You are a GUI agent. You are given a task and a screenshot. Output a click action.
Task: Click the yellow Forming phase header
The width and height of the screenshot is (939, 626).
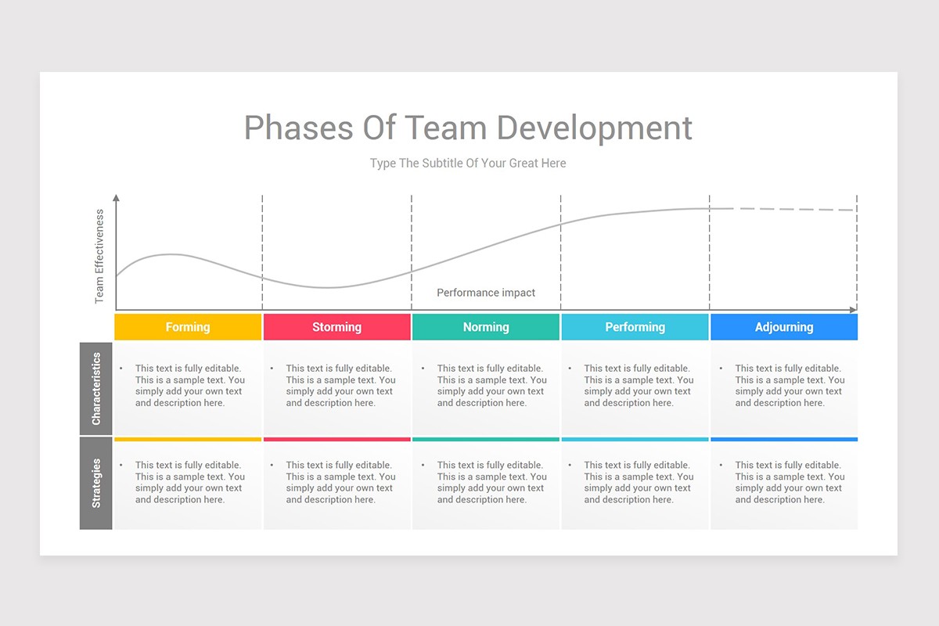pos(188,327)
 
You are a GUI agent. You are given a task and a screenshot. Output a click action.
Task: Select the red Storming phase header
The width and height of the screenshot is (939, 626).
pos(336,327)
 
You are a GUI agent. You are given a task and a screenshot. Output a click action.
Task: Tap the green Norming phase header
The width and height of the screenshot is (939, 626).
pos(486,327)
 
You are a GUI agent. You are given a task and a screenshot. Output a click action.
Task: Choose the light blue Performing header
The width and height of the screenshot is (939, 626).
pos(635,327)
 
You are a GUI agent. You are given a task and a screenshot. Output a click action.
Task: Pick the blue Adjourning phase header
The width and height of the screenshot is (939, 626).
pos(784,327)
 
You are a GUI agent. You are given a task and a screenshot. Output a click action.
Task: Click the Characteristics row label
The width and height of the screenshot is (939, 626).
pos(96,389)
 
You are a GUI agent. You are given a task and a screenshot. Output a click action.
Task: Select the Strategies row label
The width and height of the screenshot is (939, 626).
pos(96,484)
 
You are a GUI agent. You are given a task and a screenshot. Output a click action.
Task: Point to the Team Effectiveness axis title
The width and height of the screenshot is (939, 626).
pos(99,256)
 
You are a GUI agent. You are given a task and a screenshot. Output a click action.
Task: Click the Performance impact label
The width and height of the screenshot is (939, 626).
pos(486,293)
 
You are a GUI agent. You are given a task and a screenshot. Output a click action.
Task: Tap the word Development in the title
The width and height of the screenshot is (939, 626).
pos(594,128)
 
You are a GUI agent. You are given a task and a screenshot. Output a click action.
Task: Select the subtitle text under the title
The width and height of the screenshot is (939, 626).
pos(468,164)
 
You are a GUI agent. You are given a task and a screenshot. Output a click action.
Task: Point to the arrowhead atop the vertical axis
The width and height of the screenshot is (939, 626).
pos(117,199)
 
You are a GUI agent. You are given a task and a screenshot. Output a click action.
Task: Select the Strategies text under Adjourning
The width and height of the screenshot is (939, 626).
pos(790,482)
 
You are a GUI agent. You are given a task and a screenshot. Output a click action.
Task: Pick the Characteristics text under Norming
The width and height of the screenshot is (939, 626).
pos(491,386)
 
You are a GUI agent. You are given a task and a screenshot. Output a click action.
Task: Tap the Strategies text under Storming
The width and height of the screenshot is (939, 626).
pos(340,482)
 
